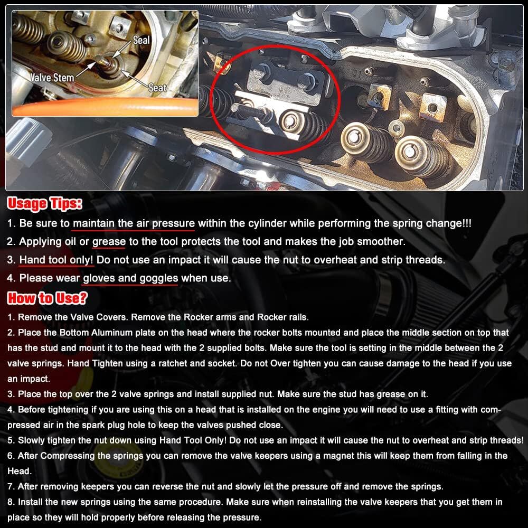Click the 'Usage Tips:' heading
[x=45, y=204]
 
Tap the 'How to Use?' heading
[x=47, y=298]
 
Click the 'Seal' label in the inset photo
[x=141, y=41]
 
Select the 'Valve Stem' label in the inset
[x=52, y=78]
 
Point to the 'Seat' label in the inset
[x=157, y=88]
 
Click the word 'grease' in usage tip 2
[x=109, y=242]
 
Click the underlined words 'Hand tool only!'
[x=56, y=260]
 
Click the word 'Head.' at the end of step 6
[x=20, y=471]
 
